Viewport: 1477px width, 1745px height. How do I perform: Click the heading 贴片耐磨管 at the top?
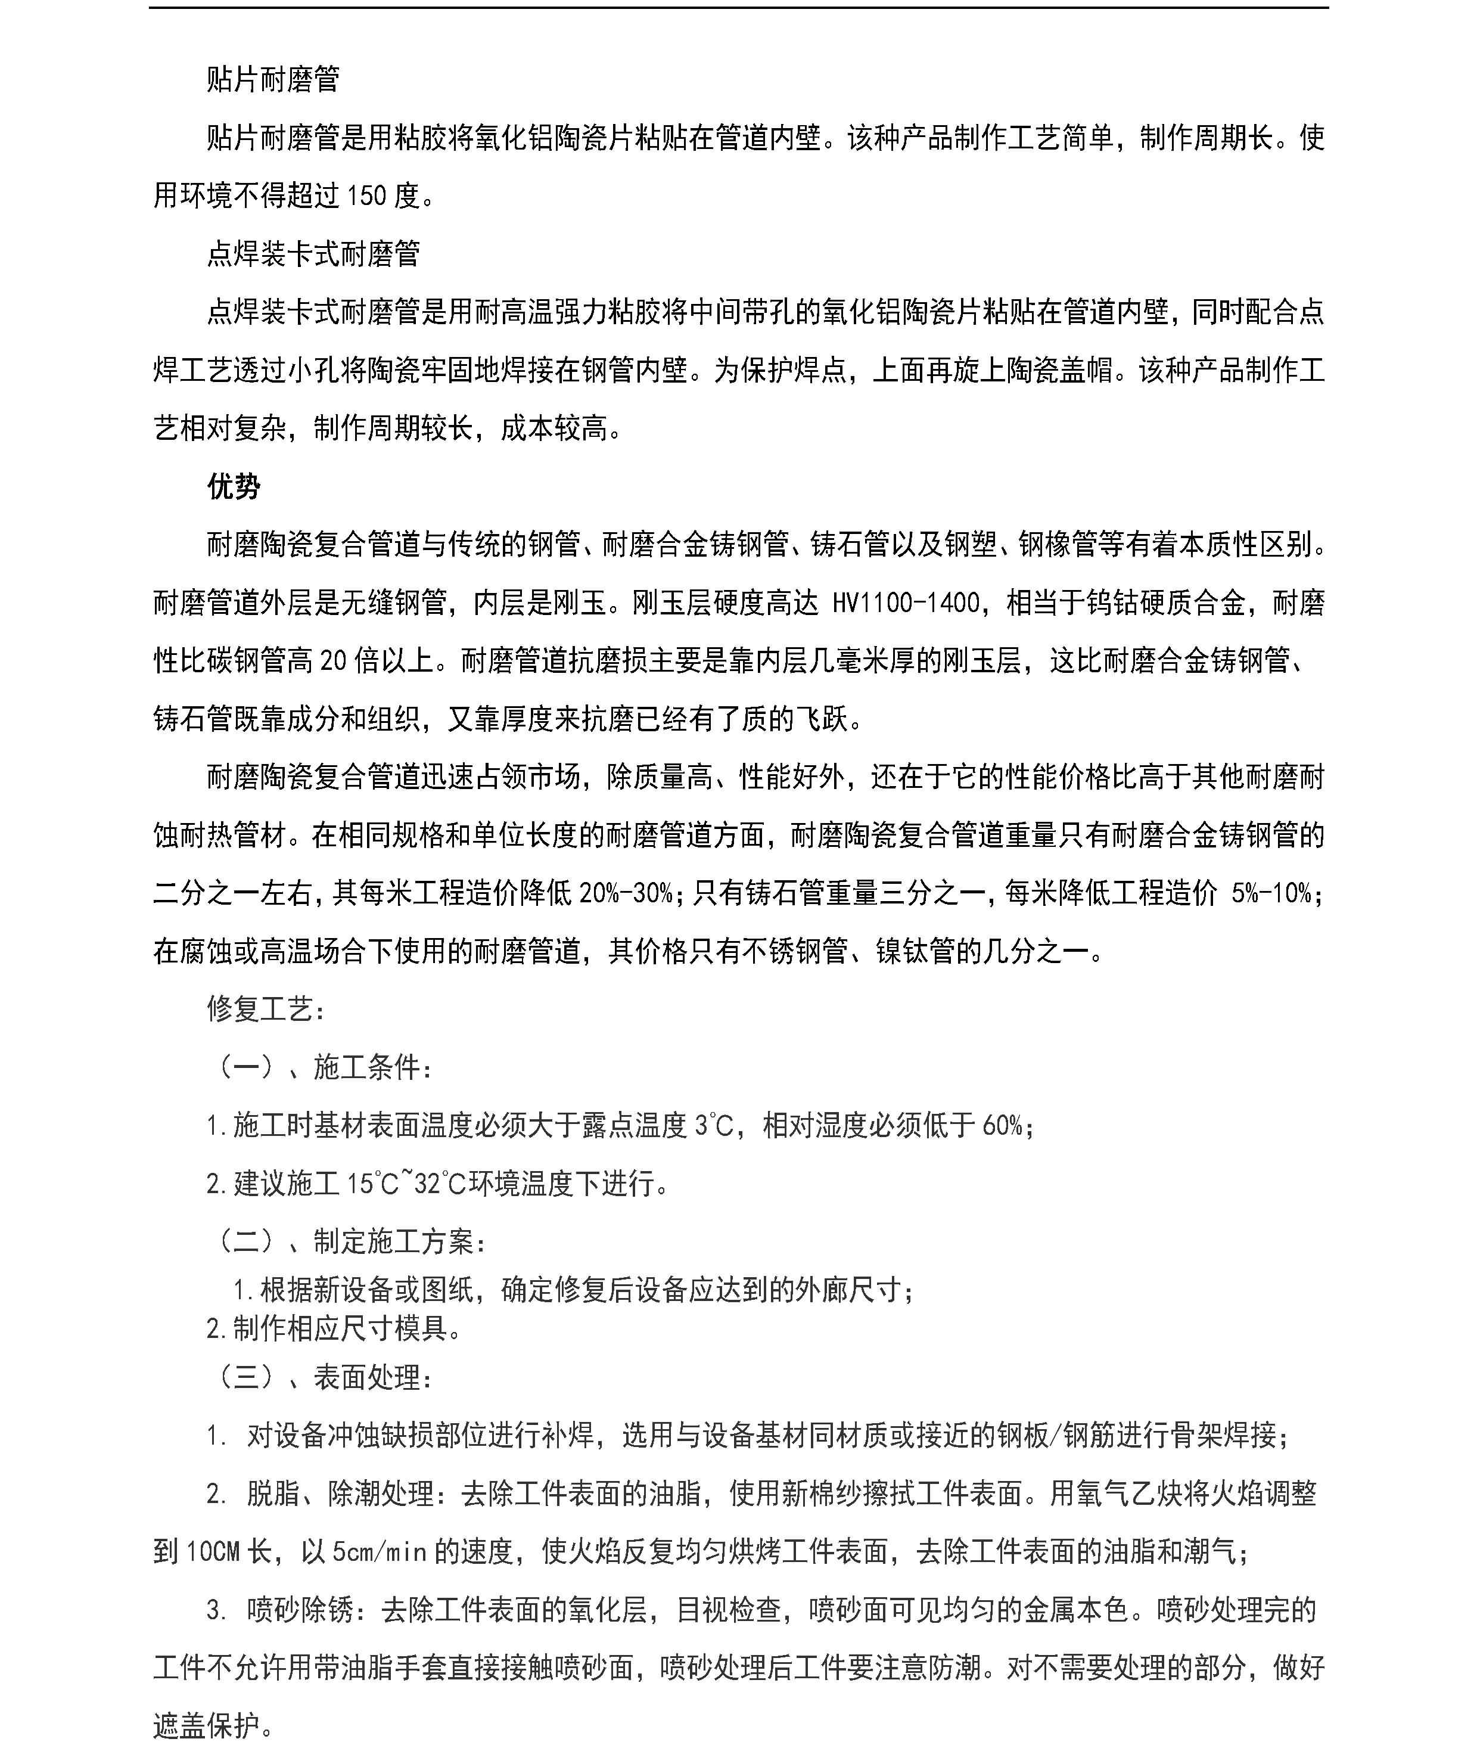coord(273,79)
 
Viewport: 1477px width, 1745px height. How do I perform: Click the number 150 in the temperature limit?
coord(367,196)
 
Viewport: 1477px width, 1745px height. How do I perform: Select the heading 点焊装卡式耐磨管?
coord(313,254)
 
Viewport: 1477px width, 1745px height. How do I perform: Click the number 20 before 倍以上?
coord(333,661)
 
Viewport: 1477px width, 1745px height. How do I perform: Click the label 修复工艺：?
coord(266,1009)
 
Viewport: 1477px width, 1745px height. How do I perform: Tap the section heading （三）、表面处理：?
coord(325,1377)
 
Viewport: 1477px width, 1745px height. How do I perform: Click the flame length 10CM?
coord(213,1551)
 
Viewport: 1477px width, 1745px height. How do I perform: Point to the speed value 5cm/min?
coord(380,1551)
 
